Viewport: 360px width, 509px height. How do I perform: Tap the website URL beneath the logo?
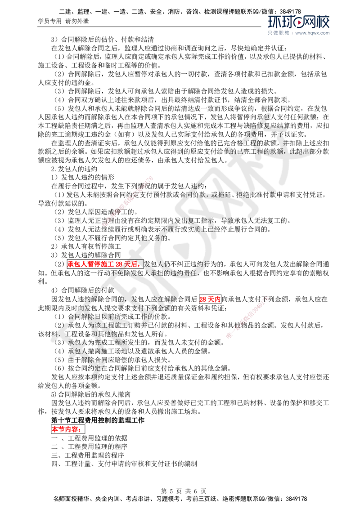[x=313, y=33]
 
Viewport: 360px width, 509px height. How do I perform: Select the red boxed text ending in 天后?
[x=104, y=264]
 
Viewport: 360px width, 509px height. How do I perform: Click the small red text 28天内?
[x=210, y=299]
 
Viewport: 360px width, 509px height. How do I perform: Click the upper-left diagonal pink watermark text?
[x=128, y=201]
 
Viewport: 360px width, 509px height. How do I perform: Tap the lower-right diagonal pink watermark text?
[x=248, y=317]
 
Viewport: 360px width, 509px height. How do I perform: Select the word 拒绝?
[x=243, y=195]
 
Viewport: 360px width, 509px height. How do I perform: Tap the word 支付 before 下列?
[x=150, y=308]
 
